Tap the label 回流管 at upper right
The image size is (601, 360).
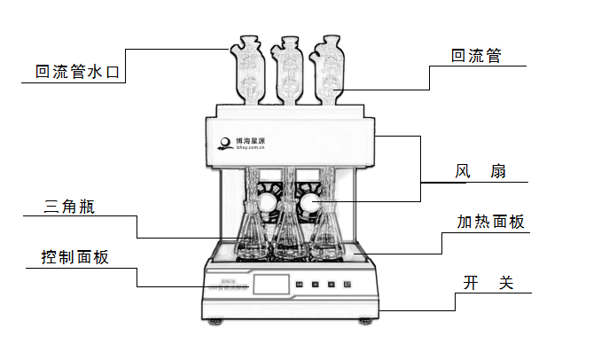(x=476, y=56)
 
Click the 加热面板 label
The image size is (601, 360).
(x=479, y=222)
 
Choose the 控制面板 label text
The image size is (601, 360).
(x=74, y=258)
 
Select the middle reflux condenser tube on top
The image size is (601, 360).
(x=287, y=67)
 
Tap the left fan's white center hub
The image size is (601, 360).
(x=269, y=205)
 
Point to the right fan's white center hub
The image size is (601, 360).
(x=309, y=206)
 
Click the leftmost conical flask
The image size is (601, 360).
(x=250, y=235)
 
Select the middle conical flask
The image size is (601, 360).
(x=287, y=235)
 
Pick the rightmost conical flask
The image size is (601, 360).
(x=326, y=235)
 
